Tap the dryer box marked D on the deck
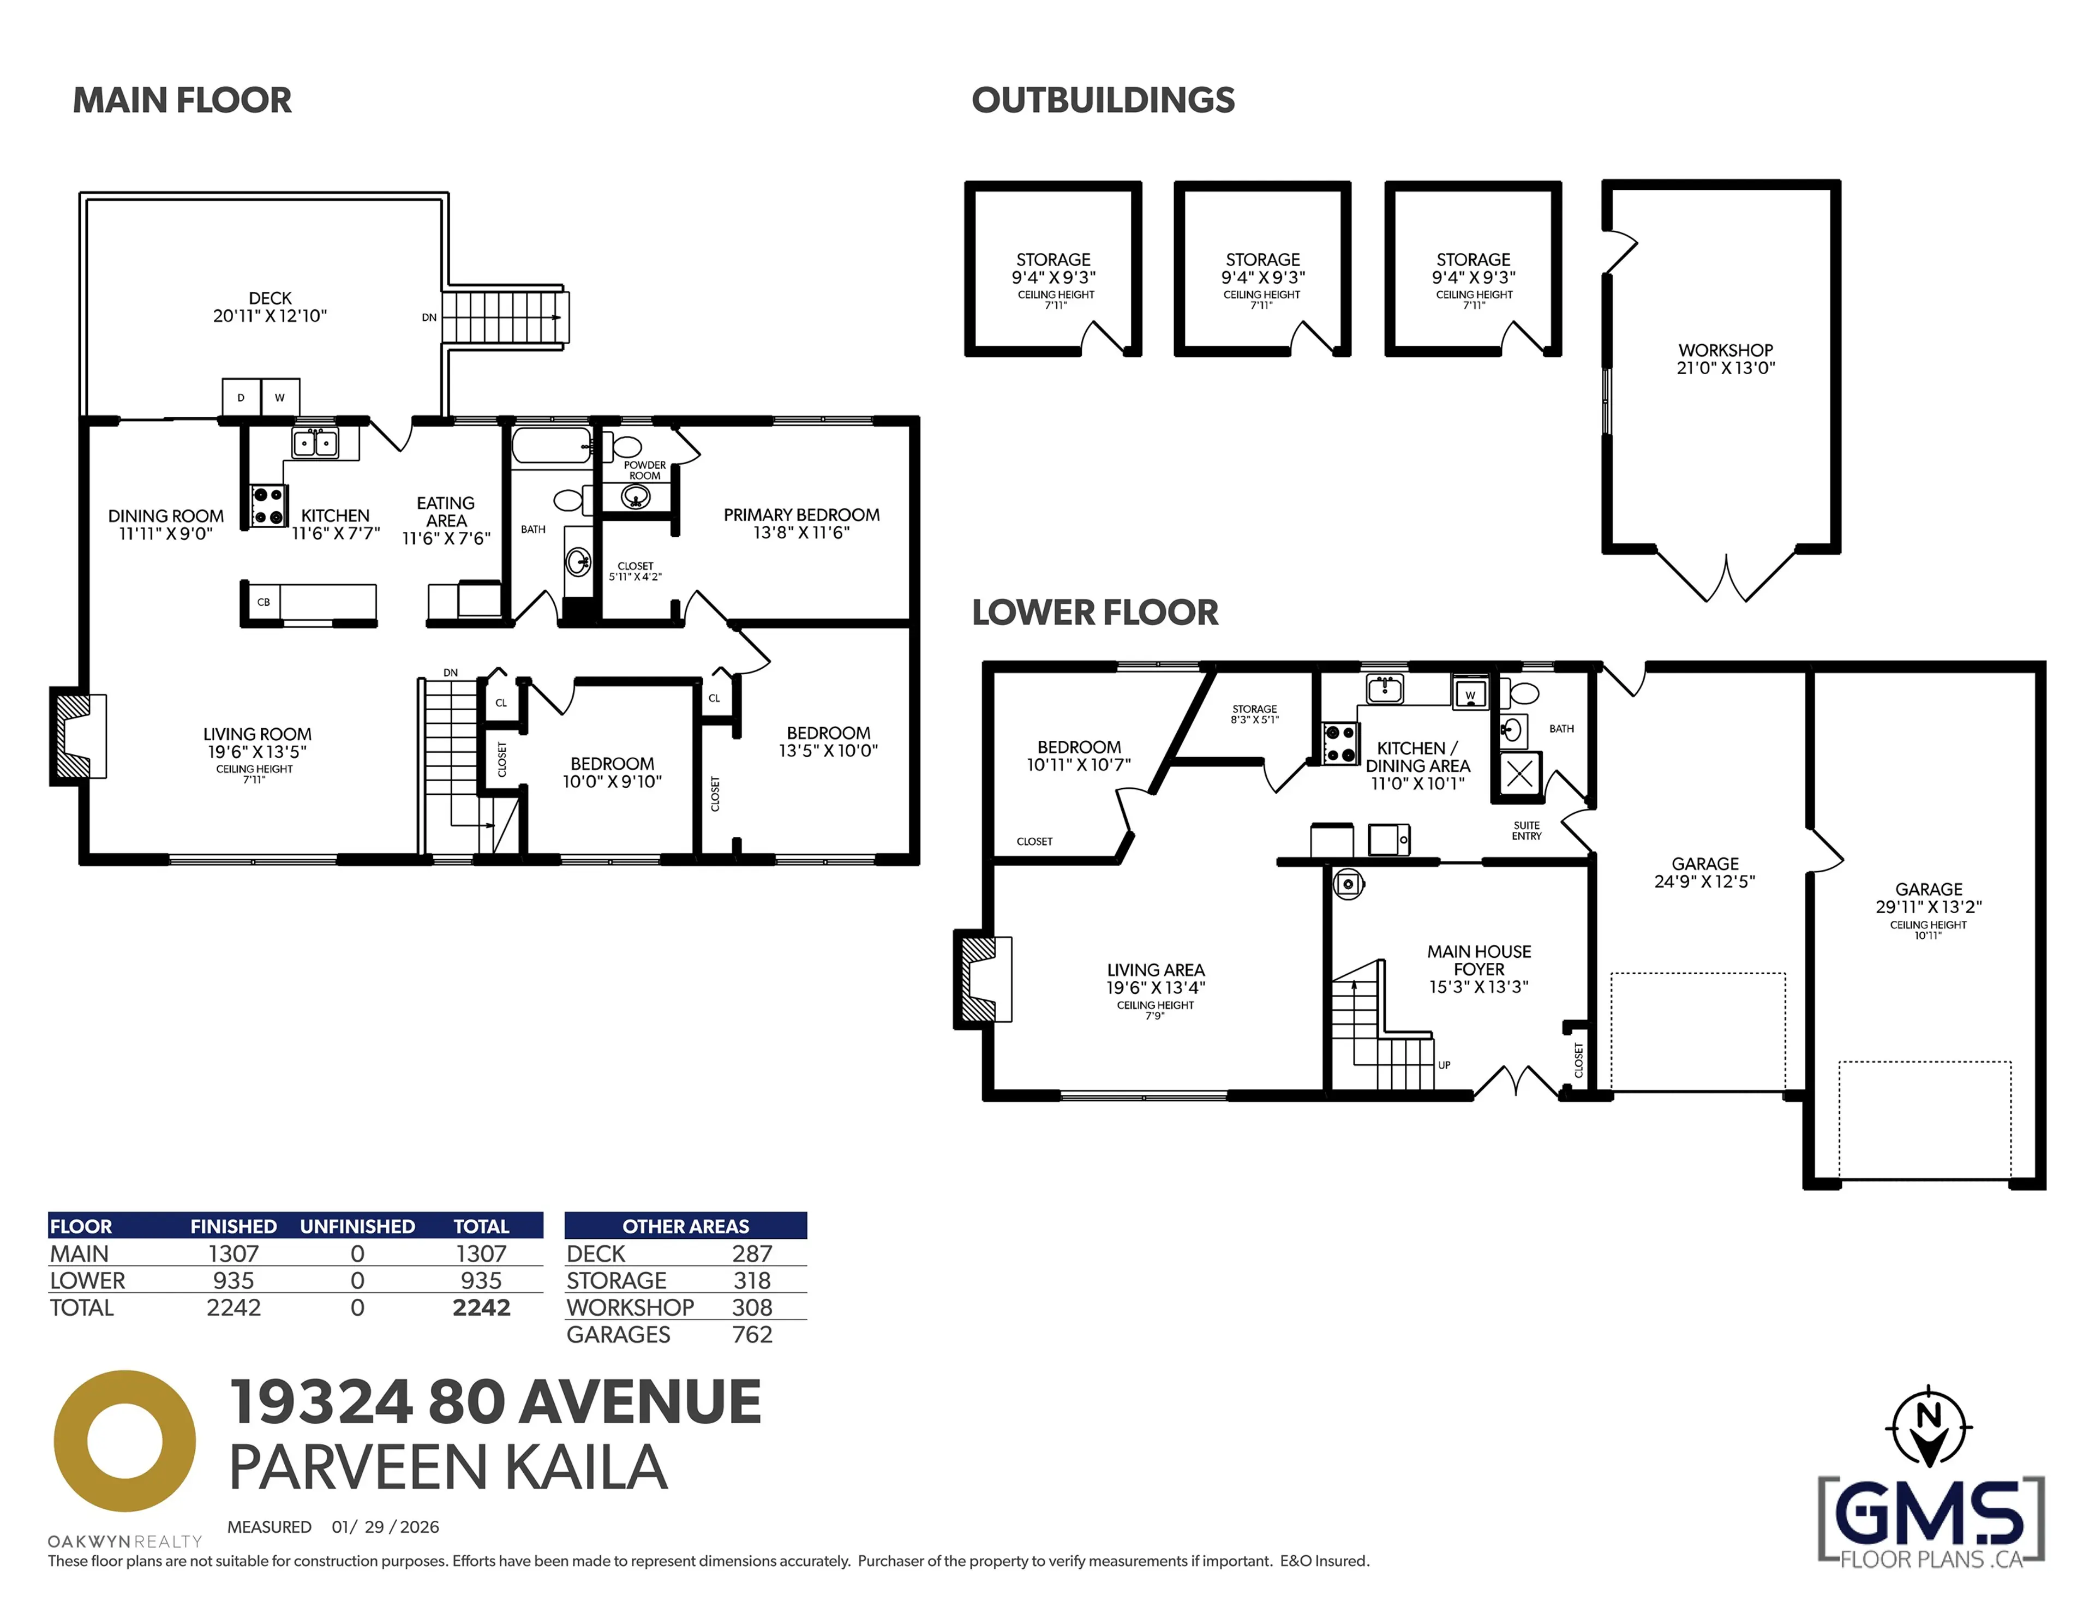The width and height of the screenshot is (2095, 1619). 241,397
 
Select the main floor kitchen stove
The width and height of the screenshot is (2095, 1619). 268,506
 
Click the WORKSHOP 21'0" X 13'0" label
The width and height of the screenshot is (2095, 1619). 1725,359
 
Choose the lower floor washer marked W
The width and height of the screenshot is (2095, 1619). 1470,693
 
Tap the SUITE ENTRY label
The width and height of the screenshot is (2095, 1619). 1526,831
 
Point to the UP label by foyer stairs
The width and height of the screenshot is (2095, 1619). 1444,1065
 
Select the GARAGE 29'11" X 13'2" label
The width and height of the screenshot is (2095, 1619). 1928,898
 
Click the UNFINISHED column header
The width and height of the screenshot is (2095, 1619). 357,1227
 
